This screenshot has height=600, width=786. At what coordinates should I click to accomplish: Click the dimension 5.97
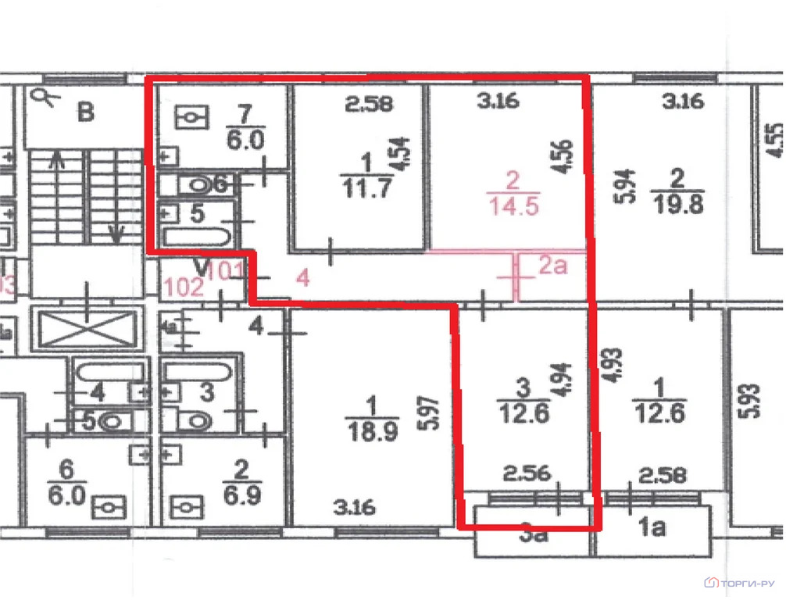tap(426, 413)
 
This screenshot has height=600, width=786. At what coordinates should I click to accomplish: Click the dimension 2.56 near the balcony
tap(527, 473)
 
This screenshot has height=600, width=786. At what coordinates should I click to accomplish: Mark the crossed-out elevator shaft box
tap(88, 329)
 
